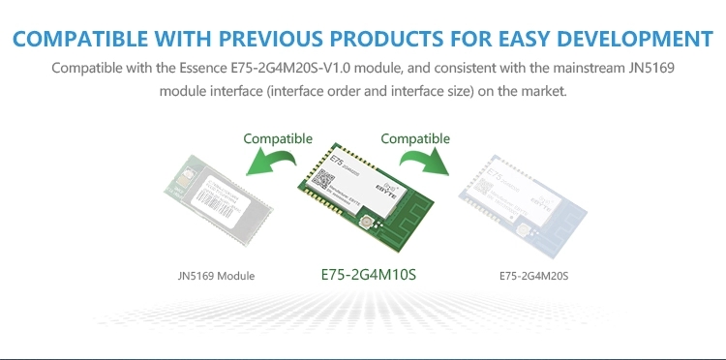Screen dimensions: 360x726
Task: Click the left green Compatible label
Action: click(x=278, y=139)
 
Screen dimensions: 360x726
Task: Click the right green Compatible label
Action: click(x=415, y=139)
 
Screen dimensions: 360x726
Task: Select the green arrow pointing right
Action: click(x=424, y=162)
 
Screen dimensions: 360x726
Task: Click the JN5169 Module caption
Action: click(x=217, y=276)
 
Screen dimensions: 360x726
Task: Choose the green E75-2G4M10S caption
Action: click(x=368, y=275)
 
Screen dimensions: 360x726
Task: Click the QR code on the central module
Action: click(x=326, y=181)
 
